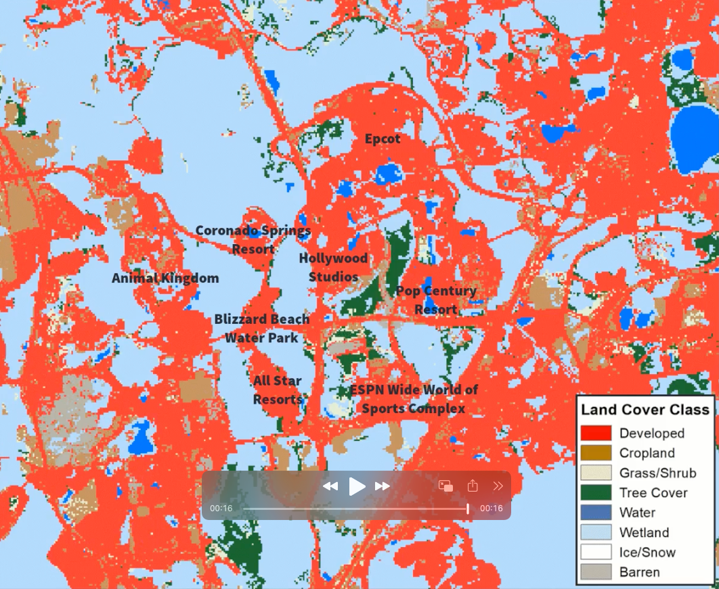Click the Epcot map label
383,139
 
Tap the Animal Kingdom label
165,278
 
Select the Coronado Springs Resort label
253,239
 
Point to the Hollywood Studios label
333,267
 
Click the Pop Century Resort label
436,300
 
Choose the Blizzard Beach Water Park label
262,328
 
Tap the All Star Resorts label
278,390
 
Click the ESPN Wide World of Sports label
414,399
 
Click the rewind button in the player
330,486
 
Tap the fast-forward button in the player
383,486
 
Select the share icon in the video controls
473,486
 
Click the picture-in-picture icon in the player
445,486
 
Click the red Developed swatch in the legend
596,433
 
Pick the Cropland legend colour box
596,453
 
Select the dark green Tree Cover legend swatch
596,493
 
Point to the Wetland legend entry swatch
596,532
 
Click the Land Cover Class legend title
645,410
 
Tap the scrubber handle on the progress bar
468,508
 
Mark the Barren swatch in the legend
596,572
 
